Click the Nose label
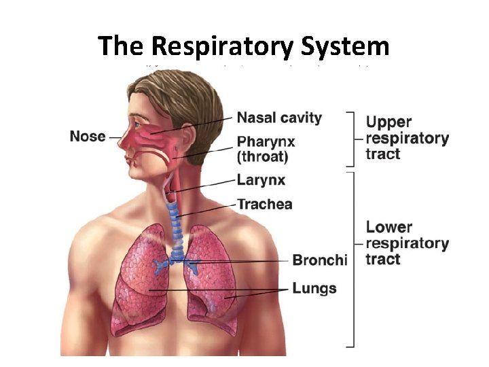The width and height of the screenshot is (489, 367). [88, 136]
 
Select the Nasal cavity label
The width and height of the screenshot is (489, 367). [278, 118]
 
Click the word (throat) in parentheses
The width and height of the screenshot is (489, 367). [262, 158]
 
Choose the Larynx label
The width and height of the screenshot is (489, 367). [260, 180]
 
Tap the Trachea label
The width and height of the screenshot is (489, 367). [265, 204]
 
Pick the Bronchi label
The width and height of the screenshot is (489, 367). [319, 260]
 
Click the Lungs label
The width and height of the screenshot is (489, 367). [314, 288]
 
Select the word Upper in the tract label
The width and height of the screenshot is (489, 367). [388, 122]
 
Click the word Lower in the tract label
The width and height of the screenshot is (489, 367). [388, 227]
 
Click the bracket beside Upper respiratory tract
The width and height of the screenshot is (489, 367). [353, 139]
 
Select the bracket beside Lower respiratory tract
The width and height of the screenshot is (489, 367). [353, 258]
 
